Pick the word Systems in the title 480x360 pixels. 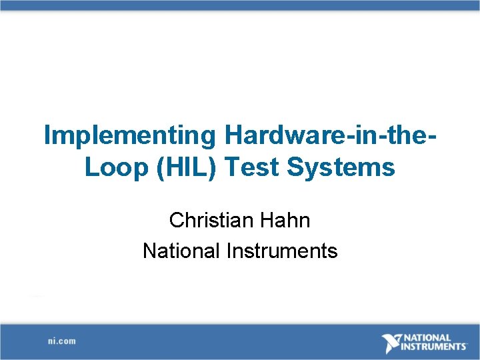click(x=341, y=167)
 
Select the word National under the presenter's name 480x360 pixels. click(x=181, y=251)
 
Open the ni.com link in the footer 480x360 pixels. click(x=61, y=341)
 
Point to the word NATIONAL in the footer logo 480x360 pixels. click(x=427, y=338)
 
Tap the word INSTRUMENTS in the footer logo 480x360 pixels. click(x=434, y=347)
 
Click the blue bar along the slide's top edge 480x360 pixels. click(x=240, y=5)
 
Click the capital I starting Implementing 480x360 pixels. click(x=47, y=135)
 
